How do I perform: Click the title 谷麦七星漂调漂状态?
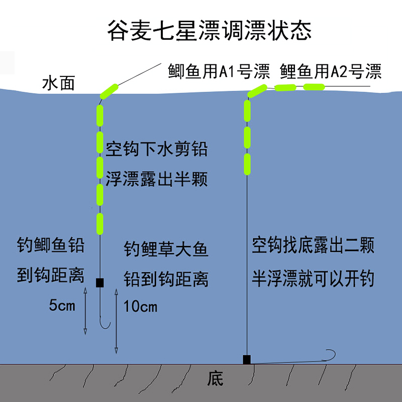point(209,31)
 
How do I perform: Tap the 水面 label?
point(59,83)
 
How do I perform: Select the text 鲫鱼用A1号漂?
point(220,71)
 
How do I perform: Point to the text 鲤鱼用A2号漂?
point(331,71)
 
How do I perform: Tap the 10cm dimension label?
point(140,306)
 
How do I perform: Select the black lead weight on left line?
point(99,282)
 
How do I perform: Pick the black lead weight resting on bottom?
point(247,359)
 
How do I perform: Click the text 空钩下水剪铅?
point(156,149)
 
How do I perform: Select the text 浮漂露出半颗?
point(156,179)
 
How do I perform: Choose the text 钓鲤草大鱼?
point(166,250)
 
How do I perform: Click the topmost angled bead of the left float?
point(109,90)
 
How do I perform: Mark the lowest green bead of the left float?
point(99,221)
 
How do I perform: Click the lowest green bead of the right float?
point(247,163)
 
